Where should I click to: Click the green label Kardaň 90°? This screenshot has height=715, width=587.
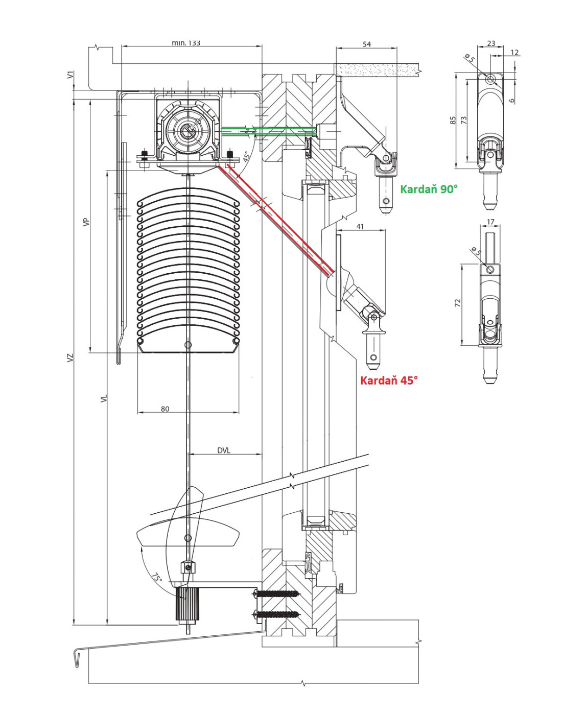pyautogui.click(x=429, y=189)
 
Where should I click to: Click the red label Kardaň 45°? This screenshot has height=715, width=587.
pyautogui.click(x=389, y=380)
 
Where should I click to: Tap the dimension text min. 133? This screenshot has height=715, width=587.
pyautogui.click(x=186, y=43)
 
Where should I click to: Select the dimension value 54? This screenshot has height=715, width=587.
pyautogui.click(x=367, y=44)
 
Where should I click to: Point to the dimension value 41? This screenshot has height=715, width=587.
pyautogui.click(x=360, y=226)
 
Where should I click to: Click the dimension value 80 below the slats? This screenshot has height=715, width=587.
pyautogui.click(x=165, y=409)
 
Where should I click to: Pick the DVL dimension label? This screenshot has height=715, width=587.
pyautogui.click(x=223, y=450)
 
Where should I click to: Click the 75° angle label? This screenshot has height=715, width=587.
pyautogui.click(x=157, y=578)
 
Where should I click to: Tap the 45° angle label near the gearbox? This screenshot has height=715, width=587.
pyautogui.click(x=248, y=155)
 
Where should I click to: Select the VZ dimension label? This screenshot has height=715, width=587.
pyautogui.click(x=70, y=357)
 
